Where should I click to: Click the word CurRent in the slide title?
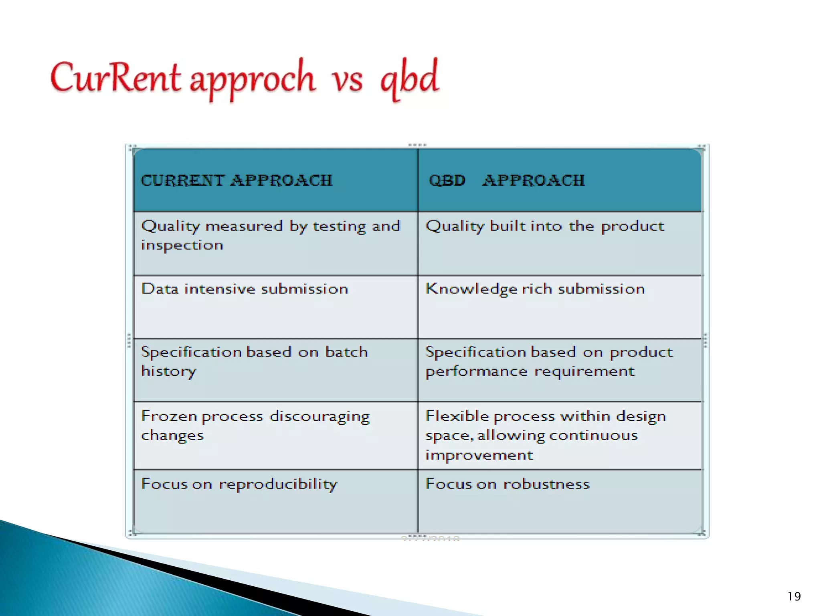point(115,78)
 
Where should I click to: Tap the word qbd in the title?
point(409,78)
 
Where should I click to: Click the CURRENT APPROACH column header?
point(237,180)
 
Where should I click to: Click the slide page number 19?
point(794,596)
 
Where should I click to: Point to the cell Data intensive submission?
point(245,289)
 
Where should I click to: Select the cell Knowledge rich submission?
point(535,289)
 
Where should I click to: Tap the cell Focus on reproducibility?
point(239,484)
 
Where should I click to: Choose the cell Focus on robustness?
point(507,484)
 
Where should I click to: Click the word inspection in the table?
point(182,245)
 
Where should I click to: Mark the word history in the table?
point(169,371)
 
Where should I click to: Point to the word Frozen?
point(169,416)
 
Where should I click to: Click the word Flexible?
point(457,416)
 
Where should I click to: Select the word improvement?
point(479,455)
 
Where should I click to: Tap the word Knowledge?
point(471,289)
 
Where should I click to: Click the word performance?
point(476,371)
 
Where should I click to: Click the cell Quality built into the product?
point(544,227)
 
